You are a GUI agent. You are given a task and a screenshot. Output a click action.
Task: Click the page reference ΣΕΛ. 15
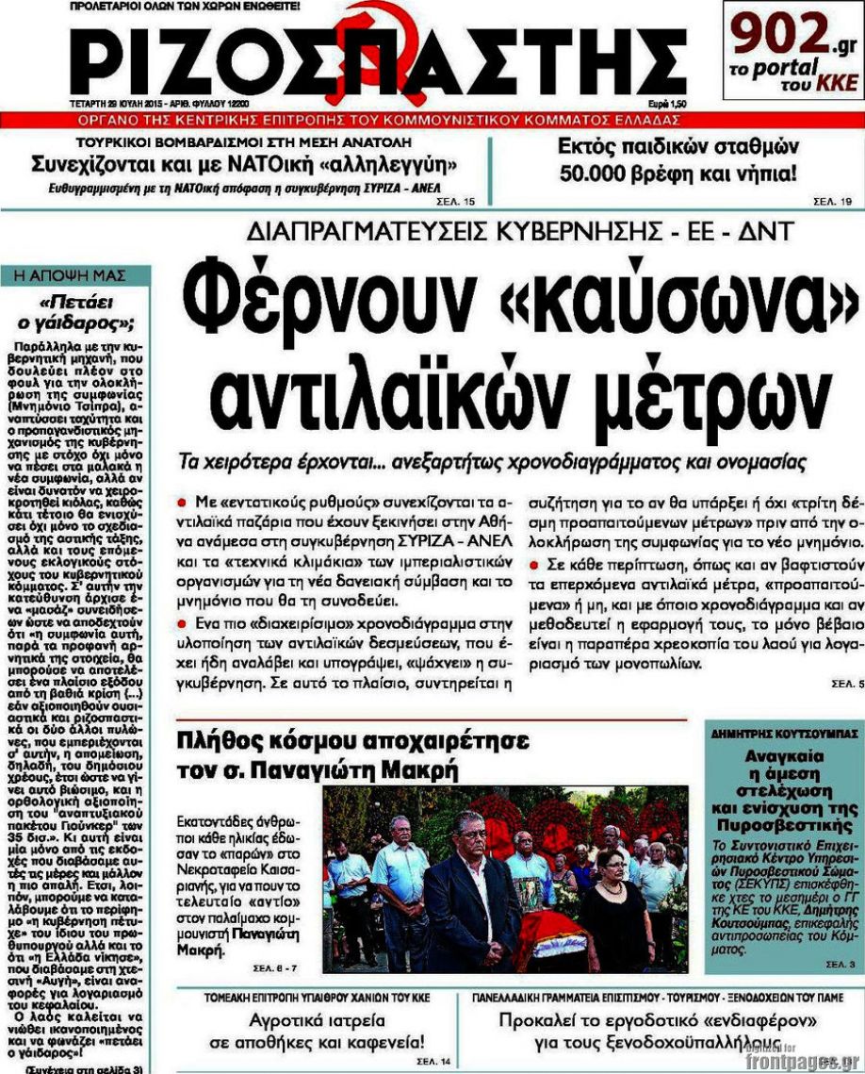click(456, 202)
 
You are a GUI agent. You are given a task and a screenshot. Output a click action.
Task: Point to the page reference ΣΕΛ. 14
click(438, 1062)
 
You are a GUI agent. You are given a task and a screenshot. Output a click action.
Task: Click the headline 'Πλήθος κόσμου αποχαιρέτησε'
click(352, 740)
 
